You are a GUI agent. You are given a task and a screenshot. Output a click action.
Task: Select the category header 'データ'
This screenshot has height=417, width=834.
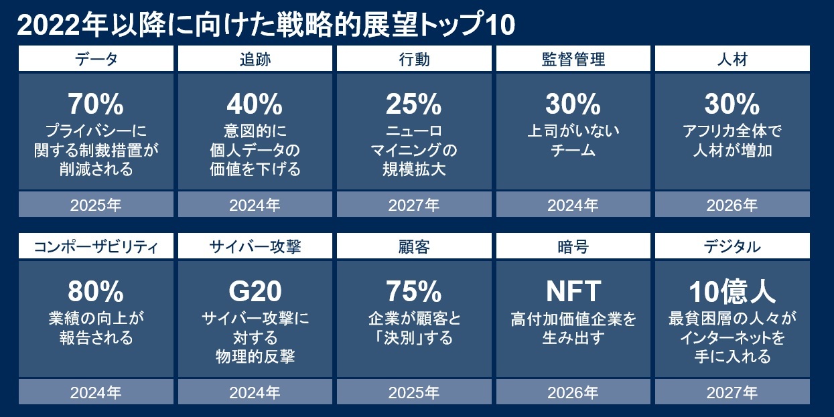96,60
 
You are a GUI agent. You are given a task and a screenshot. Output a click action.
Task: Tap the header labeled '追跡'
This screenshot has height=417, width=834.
255,60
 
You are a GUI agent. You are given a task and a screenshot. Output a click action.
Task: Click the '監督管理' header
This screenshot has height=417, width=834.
573,60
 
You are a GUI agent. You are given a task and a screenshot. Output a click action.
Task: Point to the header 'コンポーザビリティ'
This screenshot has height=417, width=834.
96,247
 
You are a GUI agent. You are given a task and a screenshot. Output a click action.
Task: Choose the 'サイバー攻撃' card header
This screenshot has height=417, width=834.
255,247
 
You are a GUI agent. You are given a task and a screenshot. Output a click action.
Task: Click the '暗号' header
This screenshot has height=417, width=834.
573,247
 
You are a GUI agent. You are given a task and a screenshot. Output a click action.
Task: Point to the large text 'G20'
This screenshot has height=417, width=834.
255,292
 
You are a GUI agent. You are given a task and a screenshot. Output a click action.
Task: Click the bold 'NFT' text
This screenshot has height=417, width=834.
573,292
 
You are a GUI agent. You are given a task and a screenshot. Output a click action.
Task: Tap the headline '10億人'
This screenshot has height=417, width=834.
732,292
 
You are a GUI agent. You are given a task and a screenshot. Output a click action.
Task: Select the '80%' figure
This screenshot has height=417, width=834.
96,292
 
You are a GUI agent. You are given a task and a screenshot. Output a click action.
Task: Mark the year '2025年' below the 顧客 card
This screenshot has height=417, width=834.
413,392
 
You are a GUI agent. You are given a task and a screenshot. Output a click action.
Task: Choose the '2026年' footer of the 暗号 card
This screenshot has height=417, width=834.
573,392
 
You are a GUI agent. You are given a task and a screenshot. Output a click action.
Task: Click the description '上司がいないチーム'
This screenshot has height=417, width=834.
573,140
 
